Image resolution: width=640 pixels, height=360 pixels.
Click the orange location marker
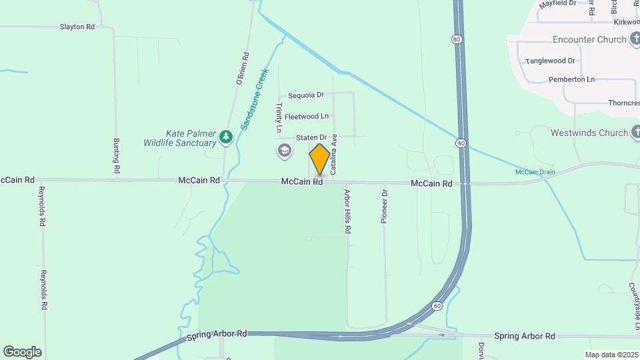(319, 159)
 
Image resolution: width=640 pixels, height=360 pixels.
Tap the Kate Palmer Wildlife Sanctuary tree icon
(227, 137)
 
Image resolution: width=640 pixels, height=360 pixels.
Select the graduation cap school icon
(285, 151)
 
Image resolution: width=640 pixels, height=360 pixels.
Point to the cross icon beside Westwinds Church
(635, 133)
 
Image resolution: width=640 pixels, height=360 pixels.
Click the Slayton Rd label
(77, 27)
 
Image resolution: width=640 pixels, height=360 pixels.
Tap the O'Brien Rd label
(243, 69)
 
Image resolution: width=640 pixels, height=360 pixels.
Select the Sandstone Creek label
(254, 98)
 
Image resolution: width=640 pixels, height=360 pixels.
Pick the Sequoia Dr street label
(306, 95)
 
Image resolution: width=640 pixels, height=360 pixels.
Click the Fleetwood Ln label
(307, 116)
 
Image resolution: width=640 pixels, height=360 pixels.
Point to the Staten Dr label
(311, 137)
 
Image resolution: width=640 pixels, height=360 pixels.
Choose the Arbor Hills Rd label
(347, 211)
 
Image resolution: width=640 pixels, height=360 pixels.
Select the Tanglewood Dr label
(550, 61)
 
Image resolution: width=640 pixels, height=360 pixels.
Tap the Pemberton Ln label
(571, 79)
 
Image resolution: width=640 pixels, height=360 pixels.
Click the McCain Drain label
(535, 172)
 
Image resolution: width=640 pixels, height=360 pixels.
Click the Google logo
(22, 351)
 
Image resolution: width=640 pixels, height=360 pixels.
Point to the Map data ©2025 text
(611, 355)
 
